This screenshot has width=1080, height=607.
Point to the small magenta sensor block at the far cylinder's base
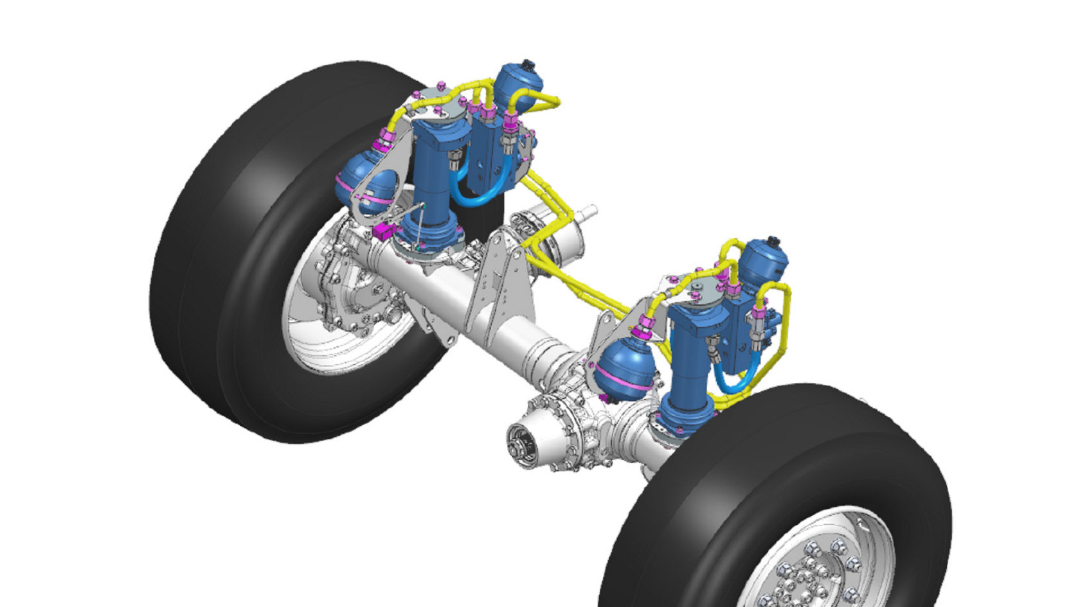coord(384,231)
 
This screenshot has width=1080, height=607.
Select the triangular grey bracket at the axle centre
coord(496,283)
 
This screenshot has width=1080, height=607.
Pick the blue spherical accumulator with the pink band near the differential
coord(624,370)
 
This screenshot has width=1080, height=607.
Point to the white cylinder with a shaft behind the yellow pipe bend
coord(569,241)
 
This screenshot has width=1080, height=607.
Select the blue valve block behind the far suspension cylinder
coord(492,154)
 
